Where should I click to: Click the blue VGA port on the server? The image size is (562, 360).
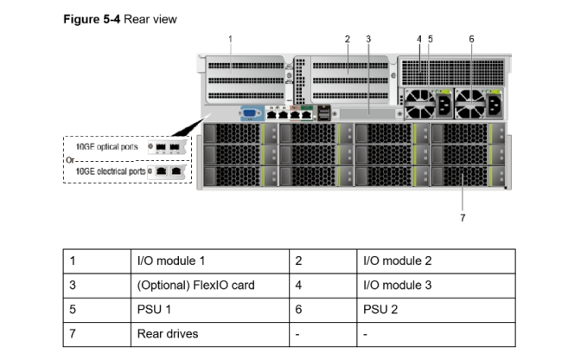249,113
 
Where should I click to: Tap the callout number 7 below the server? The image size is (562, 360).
463,218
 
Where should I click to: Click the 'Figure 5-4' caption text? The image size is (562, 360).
92,19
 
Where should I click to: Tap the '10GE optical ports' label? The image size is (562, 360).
107,146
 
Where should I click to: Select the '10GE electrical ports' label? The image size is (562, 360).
111,171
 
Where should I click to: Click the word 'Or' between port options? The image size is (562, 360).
70,160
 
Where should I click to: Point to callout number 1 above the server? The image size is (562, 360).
230,39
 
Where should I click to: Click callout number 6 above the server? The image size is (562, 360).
471,39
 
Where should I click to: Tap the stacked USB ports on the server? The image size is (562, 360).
323,113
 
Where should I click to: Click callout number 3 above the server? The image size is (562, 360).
368,39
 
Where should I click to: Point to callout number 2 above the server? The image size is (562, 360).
348,39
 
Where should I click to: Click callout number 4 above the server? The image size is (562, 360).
419,39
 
